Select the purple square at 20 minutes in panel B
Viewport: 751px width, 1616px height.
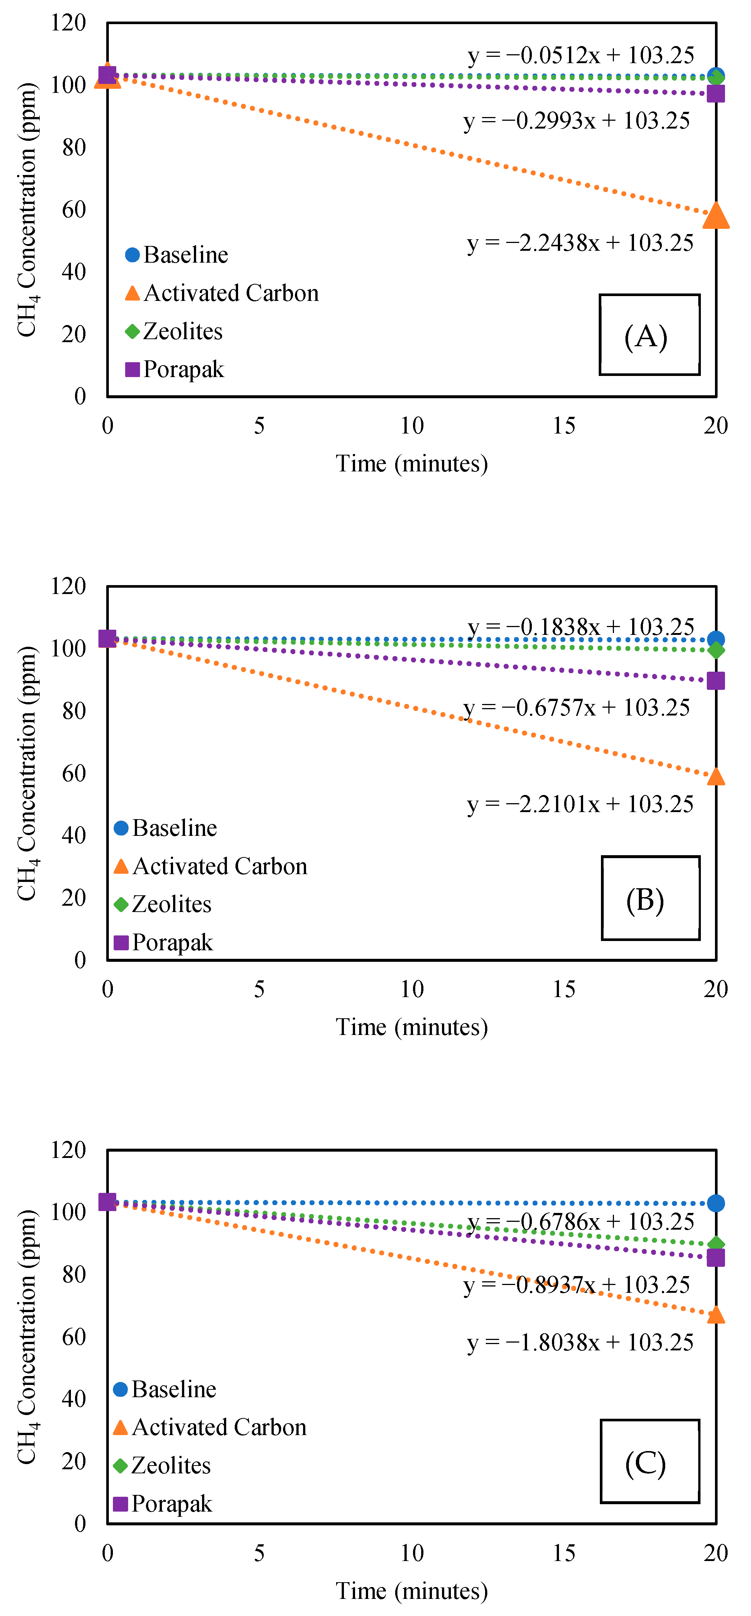coord(715,681)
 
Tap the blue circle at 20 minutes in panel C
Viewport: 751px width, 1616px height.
coord(715,1203)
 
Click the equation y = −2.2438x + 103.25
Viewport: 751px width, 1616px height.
coord(581,243)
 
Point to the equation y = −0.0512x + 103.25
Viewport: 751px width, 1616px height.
coord(581,56)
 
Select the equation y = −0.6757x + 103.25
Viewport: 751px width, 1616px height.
coord(576,708)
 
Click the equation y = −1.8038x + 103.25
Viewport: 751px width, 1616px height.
coord(581,1343)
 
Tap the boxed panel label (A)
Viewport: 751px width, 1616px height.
coord(649,335)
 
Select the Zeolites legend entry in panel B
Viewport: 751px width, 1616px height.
coord(163,904)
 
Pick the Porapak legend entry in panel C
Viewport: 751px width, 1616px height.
coord(163,1504)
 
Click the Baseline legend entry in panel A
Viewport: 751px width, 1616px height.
coord(177,255)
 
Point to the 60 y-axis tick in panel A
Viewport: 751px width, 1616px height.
coord(74,210)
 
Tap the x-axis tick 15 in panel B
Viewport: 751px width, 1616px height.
coord(563,989)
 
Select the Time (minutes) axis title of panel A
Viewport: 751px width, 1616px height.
coord(412,464)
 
